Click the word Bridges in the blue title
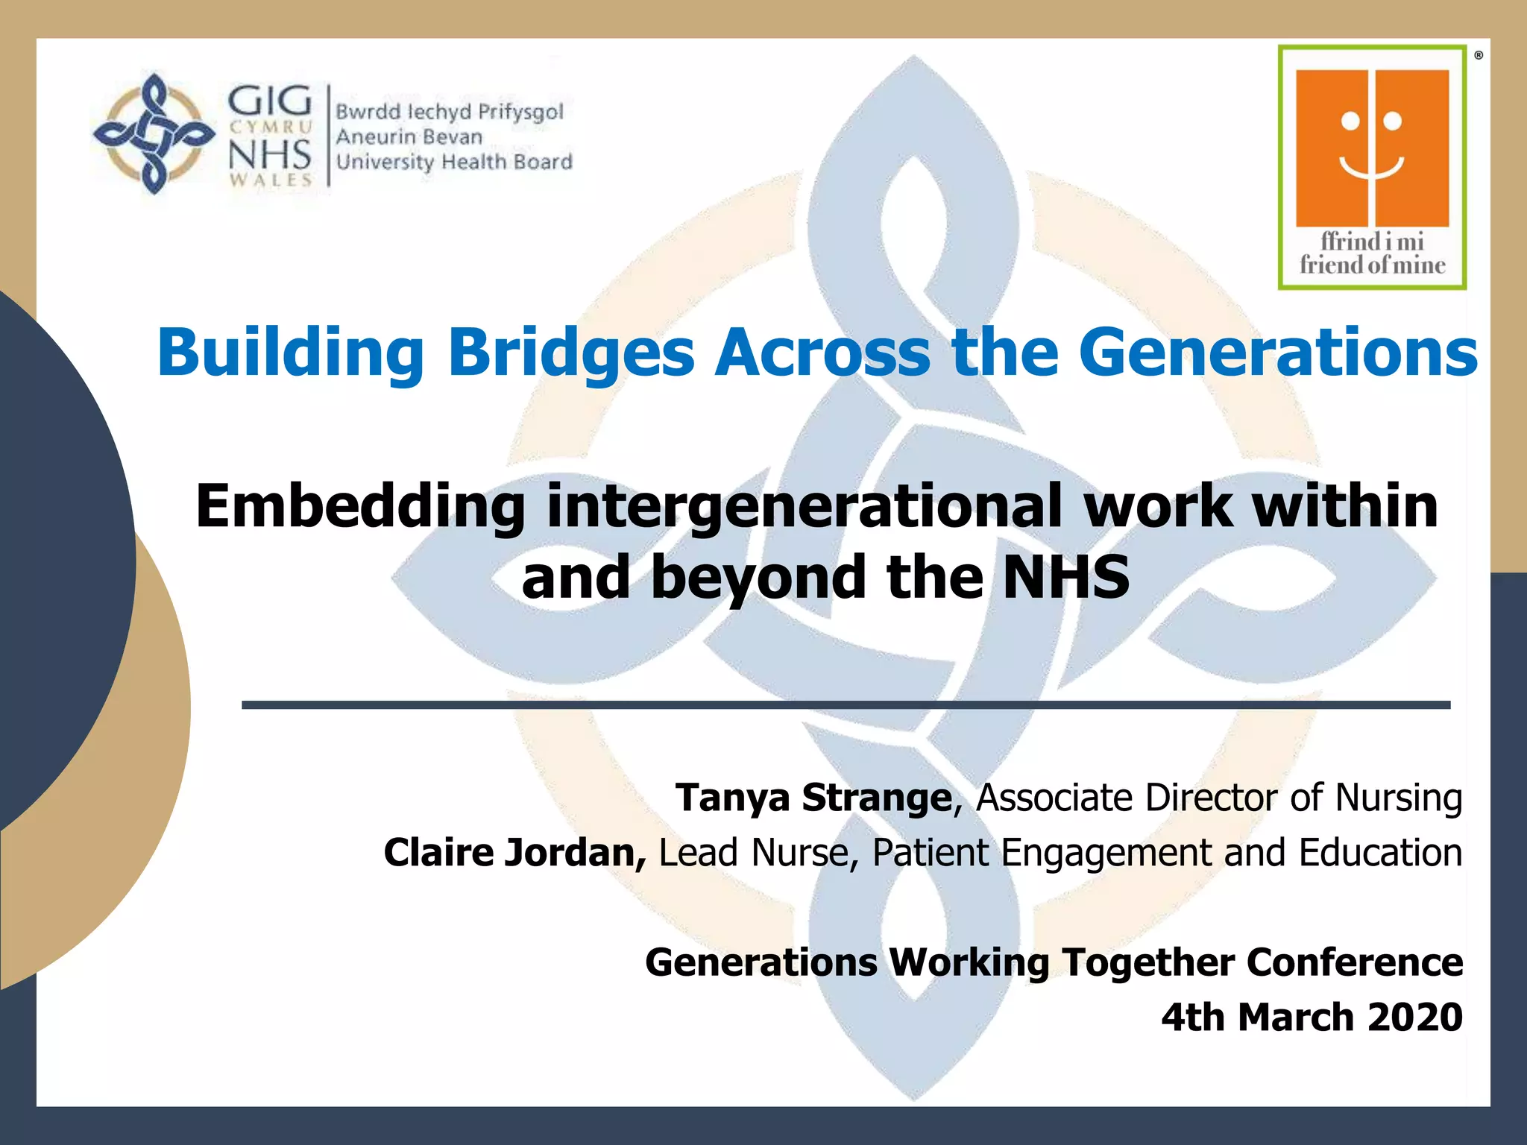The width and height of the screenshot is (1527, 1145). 570,353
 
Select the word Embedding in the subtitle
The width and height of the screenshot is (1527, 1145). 360,506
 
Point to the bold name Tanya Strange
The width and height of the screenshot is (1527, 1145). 813,798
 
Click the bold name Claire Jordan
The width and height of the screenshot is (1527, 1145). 514,853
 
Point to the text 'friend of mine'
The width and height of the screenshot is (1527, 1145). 1372,265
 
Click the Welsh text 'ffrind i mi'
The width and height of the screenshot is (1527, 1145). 1372,242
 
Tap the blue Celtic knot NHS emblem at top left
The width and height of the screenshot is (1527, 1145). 154,134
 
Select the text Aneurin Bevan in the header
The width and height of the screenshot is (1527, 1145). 409,137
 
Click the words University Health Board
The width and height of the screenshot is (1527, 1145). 454,162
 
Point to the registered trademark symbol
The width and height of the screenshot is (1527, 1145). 1478,55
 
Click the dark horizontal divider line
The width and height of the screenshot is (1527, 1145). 846,704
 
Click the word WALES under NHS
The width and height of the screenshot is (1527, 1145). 270,180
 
